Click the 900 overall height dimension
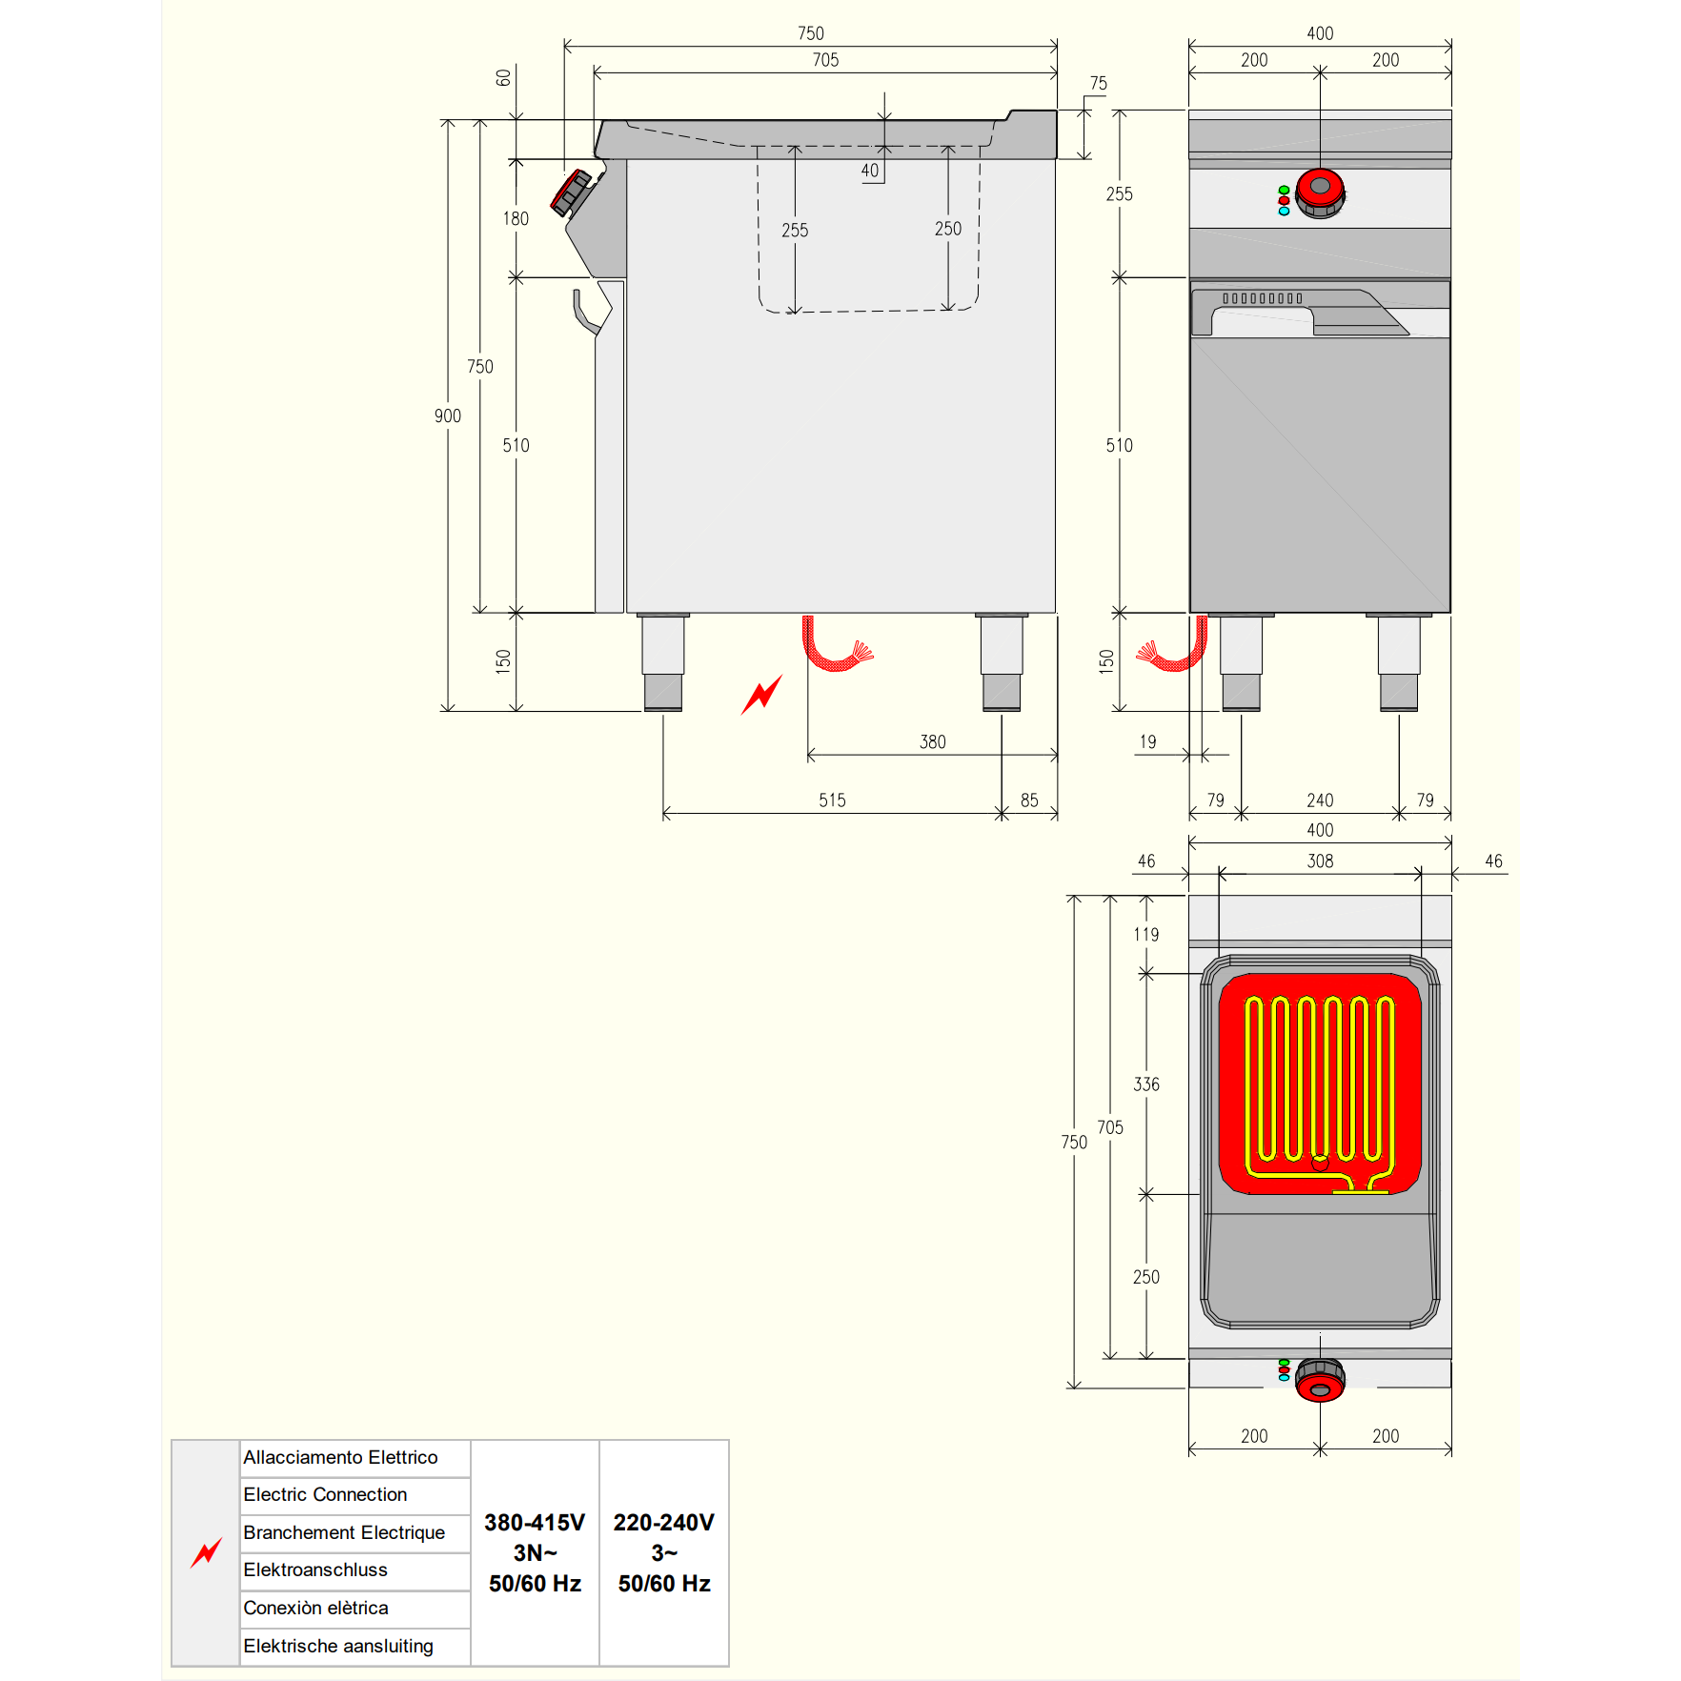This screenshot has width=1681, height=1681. pyautogui.click(x=448, y=416)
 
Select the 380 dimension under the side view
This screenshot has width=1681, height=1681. pyautogui.click(x=933, y=742)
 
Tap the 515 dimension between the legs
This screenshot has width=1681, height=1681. pyautogui.click(x=832, y=800)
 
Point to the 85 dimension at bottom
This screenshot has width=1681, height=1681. pyautogui.click(x=1029, y=800)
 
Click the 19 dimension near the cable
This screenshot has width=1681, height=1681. pyautogui.click(x=1148, y=741)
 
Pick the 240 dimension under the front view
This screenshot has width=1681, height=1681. pyautogui.click(x=1320, y=800)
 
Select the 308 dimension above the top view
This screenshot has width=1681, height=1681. pyautogui.click(x=1320, y=861)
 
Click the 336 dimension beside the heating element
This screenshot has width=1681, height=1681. pyautogui.click(x=1146, y=1084)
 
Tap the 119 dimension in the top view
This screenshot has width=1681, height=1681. pyautogui.click(x=1146, y=935)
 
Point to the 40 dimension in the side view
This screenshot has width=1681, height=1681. pyautogui.click(x=870, y=171)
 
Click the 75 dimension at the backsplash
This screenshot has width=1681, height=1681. pyautogui.click(x=1099, y=84)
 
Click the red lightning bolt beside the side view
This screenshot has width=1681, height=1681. pyautogui.click(x=761, y=694)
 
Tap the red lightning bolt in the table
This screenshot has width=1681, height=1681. pyautogui.click(x=206, y=1552)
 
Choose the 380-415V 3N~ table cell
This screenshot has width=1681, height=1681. pyautogui.click(x=535, y=1552)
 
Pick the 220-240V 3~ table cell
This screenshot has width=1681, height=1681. pyautogui.click(x=664, y=1552)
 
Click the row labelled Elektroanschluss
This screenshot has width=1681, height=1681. pyautogui.click(x=354, y=1570)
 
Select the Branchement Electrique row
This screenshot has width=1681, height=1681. pyautogui.click(x=354, y=1533)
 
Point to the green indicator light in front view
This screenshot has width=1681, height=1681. pyautogui.click(x=1284, y=191)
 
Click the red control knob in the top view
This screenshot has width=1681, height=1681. pyautogui.click(x=1320, y=1381)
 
